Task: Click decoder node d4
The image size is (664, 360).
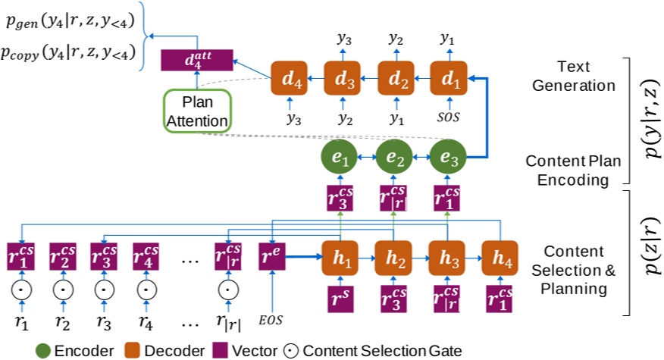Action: (x=291, y=78)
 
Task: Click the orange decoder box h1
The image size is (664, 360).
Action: (x=341, y=257)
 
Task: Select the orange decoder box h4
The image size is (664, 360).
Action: (x=499, y=257)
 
